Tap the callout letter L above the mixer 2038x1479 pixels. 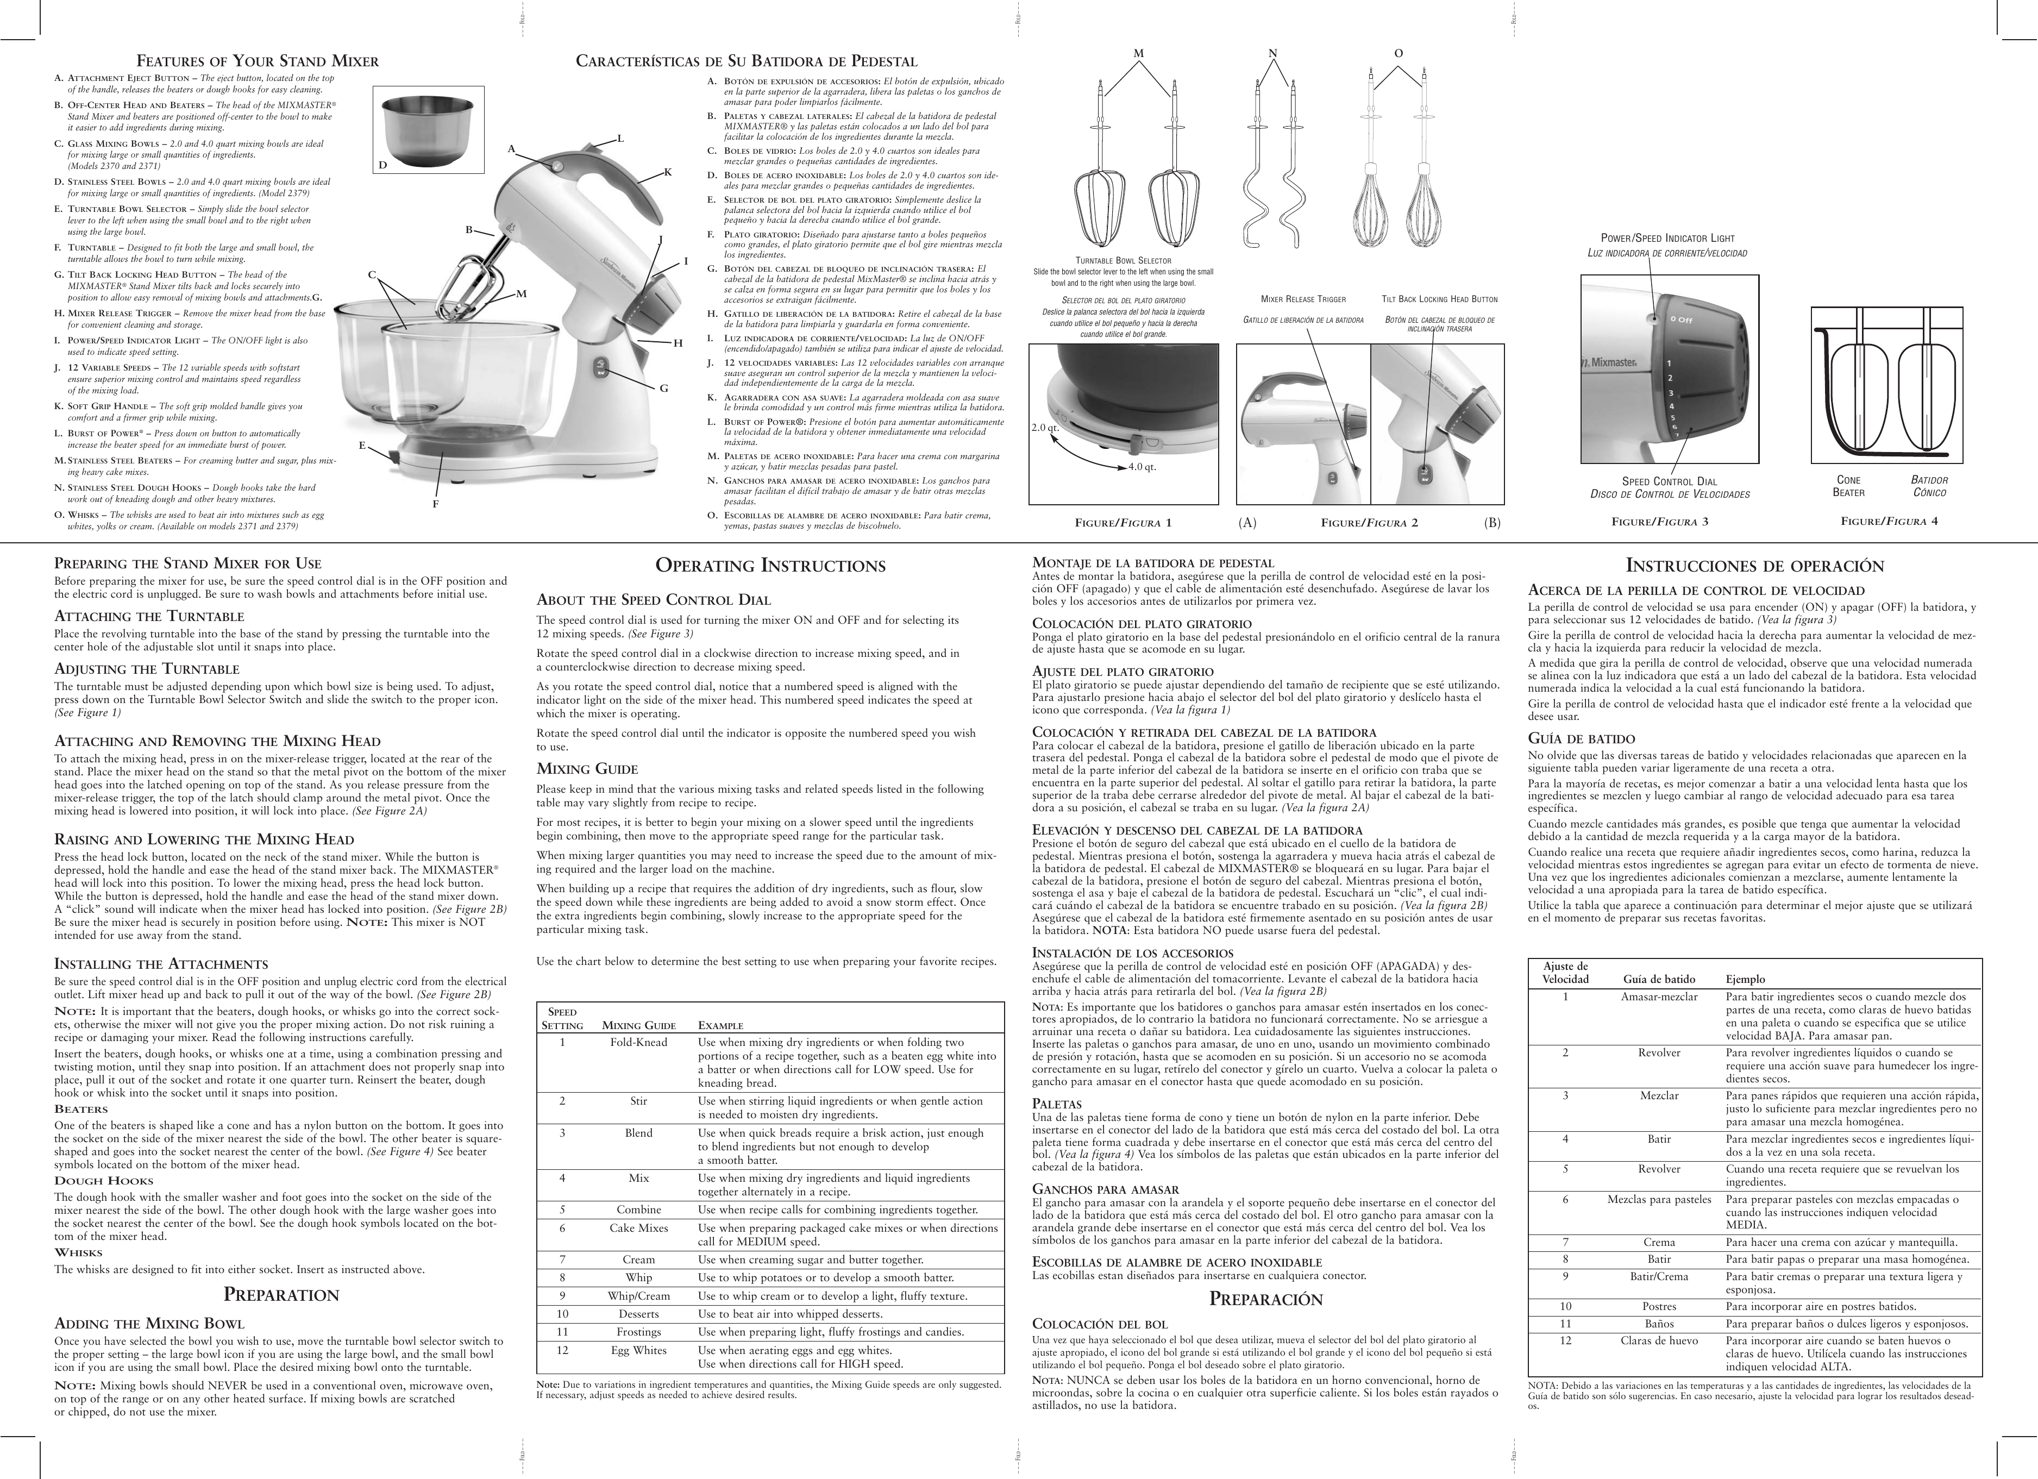click(620, 139)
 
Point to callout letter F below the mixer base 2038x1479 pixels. click(436, 504)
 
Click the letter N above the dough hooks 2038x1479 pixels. click(1272, 53)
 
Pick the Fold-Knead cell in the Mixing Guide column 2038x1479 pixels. click(638, 1042)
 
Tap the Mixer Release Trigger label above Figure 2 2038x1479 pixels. click(1303, 299)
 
